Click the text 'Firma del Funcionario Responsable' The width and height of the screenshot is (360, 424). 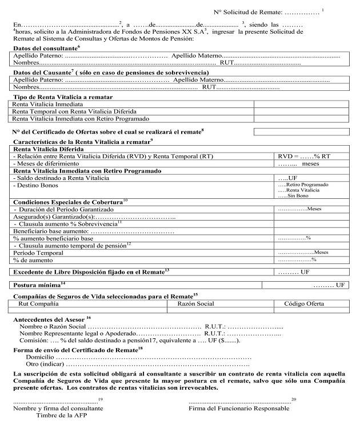[238, 409]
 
